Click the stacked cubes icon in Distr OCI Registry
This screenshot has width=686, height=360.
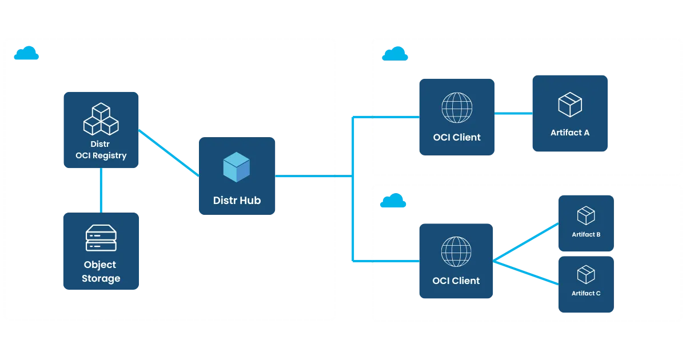point(101,118)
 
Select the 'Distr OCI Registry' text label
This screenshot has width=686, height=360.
point(101,150)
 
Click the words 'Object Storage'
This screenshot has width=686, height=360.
point(101,271)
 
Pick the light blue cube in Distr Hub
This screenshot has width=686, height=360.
point(236,167)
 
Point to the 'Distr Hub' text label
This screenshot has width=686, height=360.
point(237,201)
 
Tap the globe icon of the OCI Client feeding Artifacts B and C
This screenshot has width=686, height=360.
point(456,250)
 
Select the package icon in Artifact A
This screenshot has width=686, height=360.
point(569,105)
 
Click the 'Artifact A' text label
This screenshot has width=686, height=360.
point(569,133)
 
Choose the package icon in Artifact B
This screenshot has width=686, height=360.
point(586,215)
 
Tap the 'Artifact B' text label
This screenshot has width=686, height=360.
point(586,234)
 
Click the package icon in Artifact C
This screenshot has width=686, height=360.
point(586,274)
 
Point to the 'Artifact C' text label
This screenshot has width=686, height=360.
point(586,293)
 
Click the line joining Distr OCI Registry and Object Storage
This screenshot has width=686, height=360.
point(101,190)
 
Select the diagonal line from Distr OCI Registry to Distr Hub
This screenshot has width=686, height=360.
point(169,151)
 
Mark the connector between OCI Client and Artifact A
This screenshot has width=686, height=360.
point(513,114)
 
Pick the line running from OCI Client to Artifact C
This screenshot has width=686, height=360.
point(526,273)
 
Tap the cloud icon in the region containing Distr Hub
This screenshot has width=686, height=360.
point(26,54)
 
